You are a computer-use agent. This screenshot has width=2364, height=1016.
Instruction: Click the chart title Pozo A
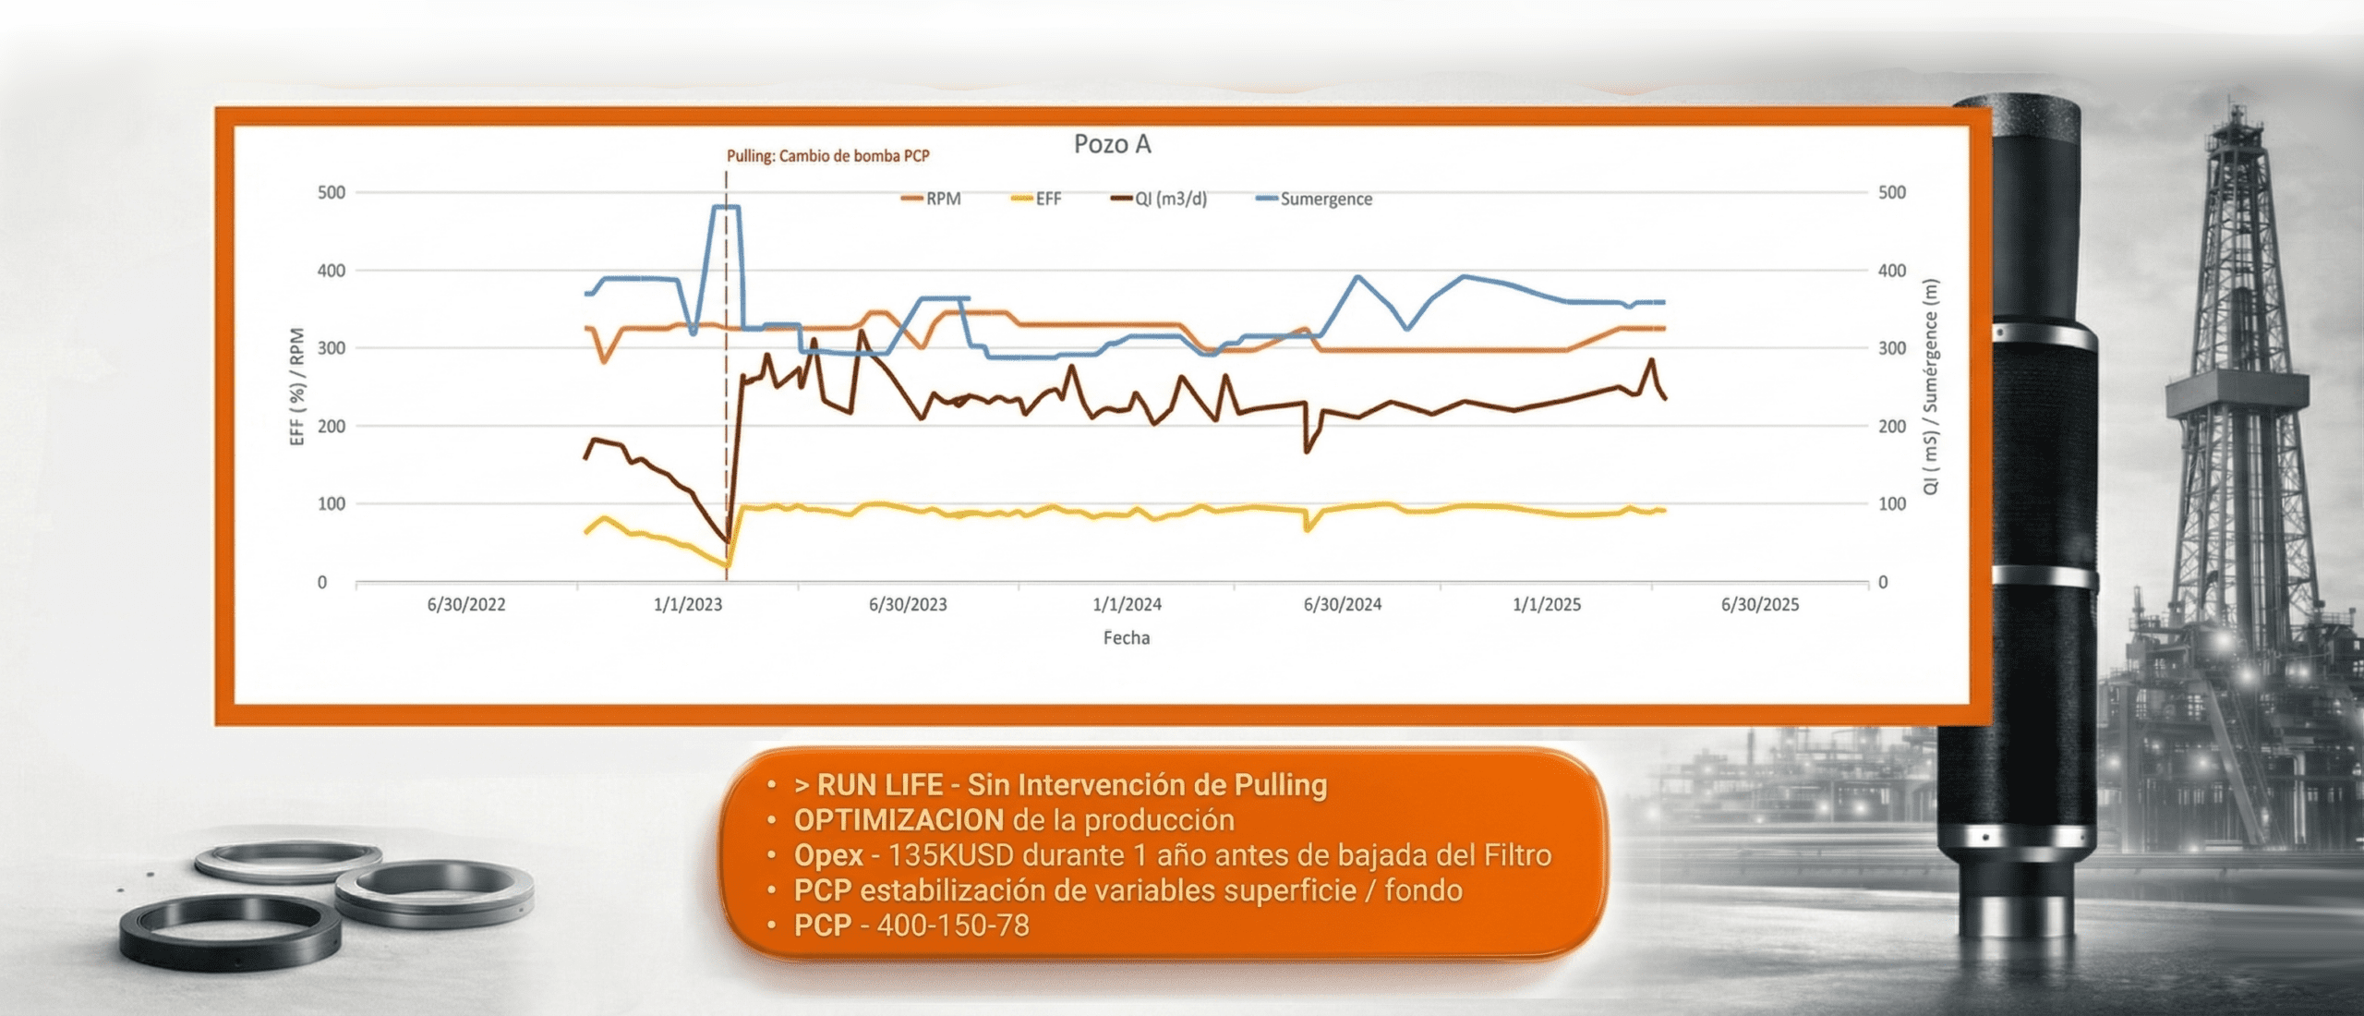tap(1112, 144)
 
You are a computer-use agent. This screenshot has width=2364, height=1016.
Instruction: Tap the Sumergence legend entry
tap(1325, 200)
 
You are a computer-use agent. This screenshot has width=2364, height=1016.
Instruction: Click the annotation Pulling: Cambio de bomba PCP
tap(827, 156)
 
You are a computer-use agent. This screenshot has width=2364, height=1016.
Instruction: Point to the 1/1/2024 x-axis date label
tap(1127, 605)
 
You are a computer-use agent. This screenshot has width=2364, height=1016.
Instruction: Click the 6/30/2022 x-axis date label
tap(466, 605)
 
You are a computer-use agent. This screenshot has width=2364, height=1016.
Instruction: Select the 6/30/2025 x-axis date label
tap(1759, 605)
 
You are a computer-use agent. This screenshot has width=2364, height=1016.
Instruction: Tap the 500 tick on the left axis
tap(332, 193)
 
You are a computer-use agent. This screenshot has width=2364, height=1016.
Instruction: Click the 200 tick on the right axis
tap(1891, 427)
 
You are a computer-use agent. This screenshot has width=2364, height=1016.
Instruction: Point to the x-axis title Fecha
tap(1126, 638)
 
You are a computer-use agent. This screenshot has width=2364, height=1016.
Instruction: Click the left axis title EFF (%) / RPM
tap(297, 387)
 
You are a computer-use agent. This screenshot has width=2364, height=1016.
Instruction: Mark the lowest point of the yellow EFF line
tap(728, 564)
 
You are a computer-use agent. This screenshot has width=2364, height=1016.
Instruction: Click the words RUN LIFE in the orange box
tap(879, 785)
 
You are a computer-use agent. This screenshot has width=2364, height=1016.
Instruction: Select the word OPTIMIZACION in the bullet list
tap(899, 820)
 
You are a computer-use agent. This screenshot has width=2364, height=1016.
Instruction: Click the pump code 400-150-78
tap(952, 925)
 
